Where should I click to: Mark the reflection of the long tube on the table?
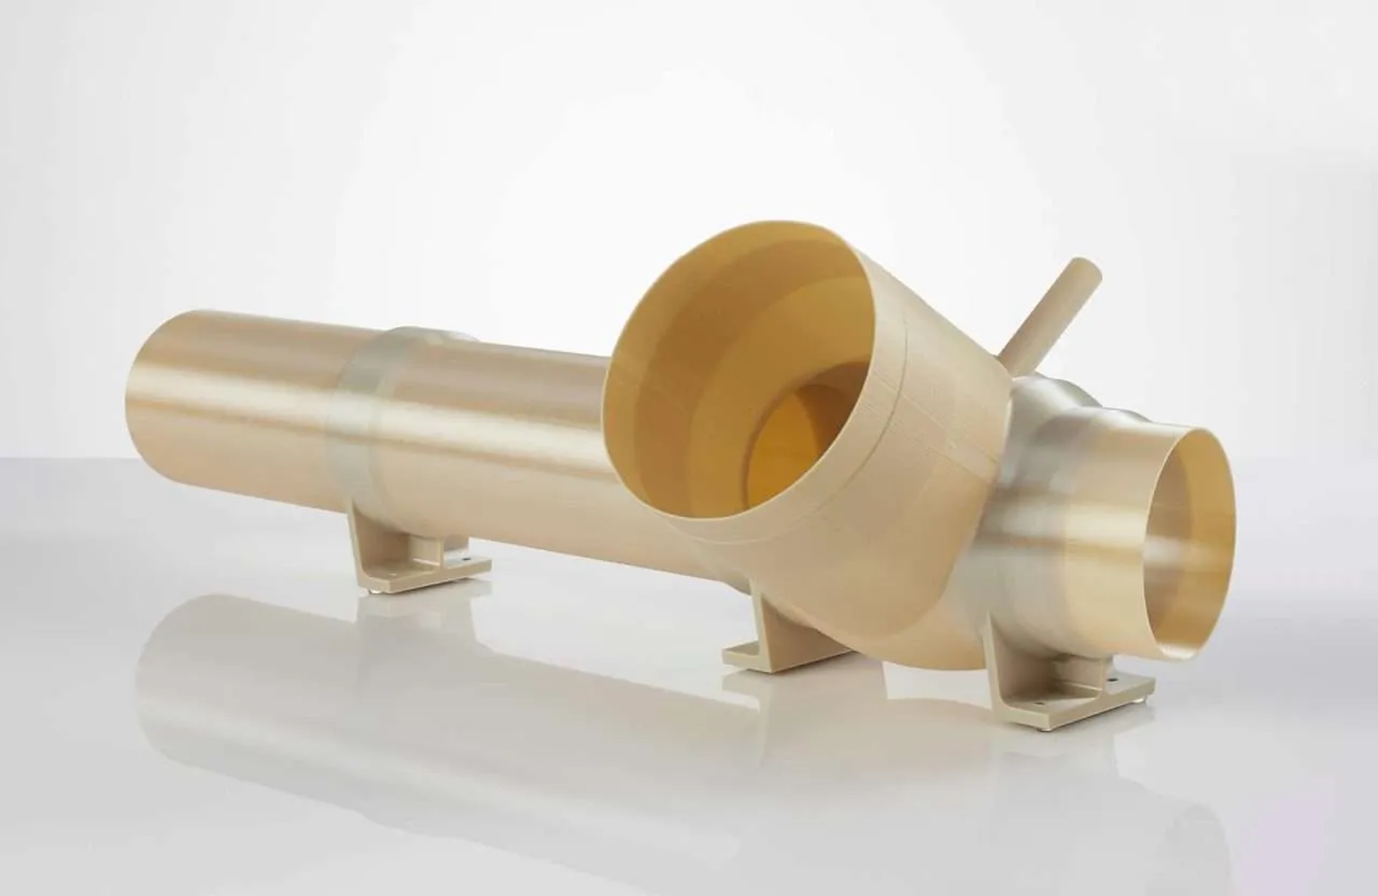tap(405, 695)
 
